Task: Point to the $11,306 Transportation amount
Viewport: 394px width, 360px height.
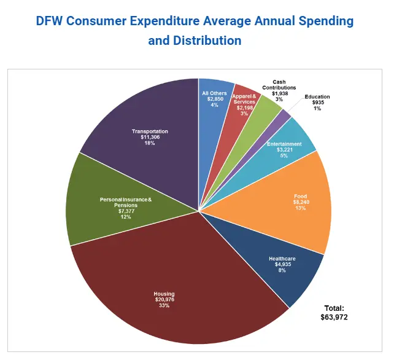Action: tap(150, 137)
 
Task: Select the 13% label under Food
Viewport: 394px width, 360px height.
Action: tap(300, 208)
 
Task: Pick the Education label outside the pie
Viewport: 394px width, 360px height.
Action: tap(317, 96)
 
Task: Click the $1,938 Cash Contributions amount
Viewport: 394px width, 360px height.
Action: tap(280, 93)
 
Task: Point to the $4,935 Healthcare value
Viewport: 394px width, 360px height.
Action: tap(282, 265)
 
